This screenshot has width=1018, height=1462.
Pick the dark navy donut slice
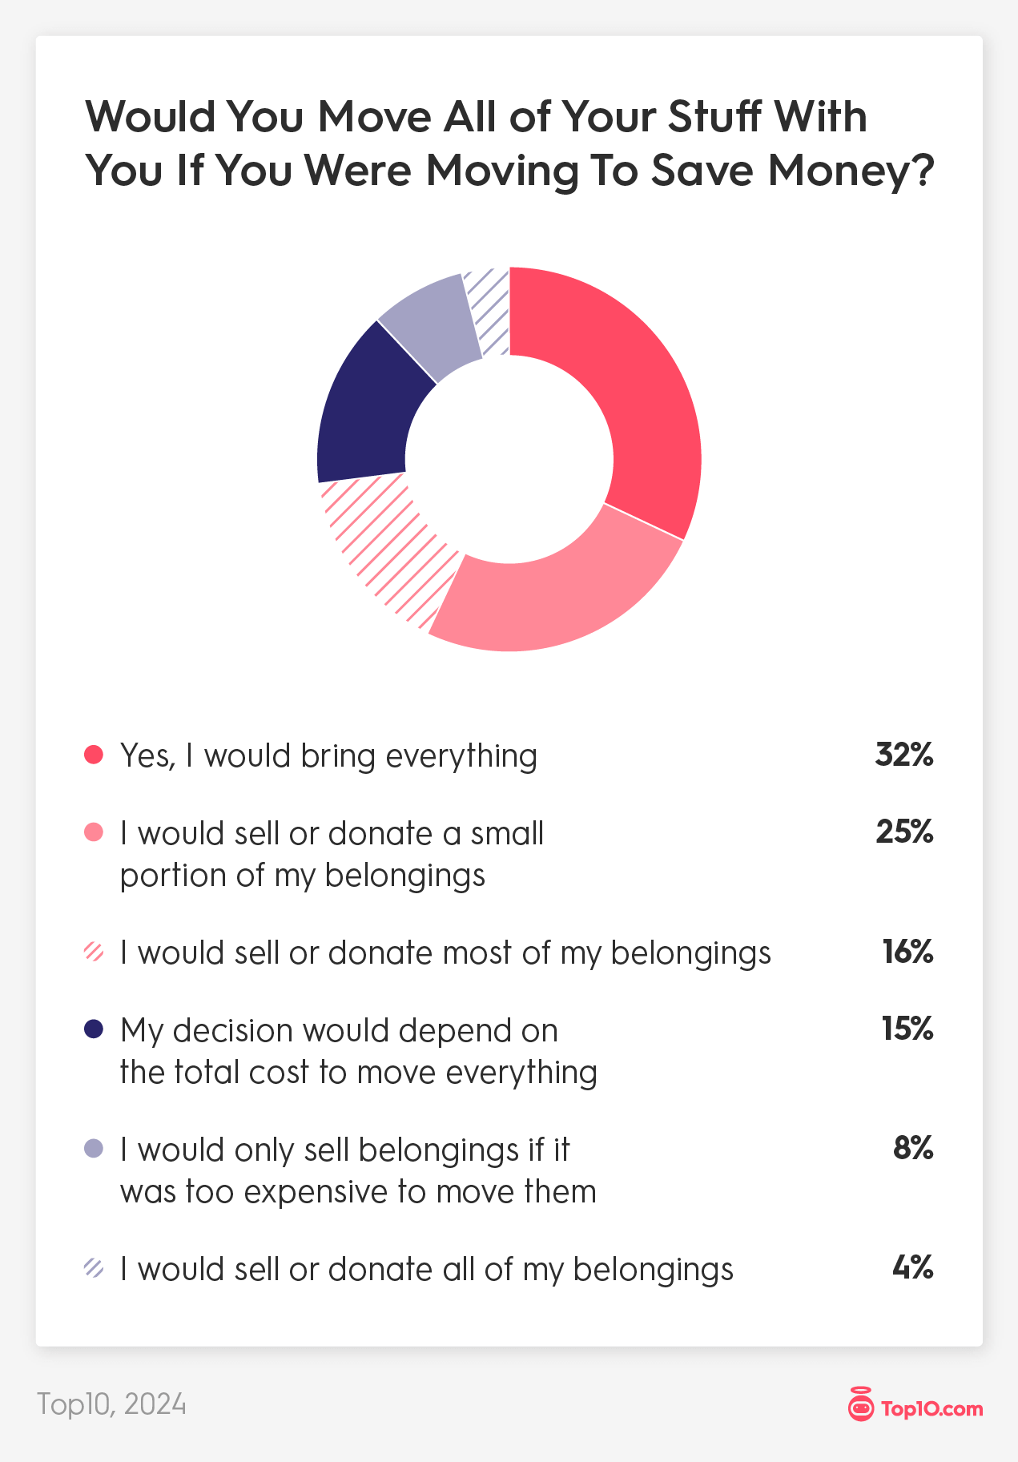(364, 409)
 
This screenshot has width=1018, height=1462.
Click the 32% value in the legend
(903, 755)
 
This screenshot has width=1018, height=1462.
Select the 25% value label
(903, 832)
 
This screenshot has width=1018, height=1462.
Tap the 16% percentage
(907, 952)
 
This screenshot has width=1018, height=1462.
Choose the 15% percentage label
(907, 1029)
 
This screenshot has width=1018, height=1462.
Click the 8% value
(913, 1149)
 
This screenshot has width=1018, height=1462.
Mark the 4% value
(912, 1268)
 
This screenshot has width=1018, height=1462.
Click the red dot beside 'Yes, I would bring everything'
(94, 755)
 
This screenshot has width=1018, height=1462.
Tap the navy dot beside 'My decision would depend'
(94, 1029)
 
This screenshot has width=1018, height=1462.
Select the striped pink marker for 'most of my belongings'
(94, 953)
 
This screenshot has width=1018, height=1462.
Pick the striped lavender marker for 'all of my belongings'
(94, 1269)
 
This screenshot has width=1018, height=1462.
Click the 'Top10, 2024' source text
(111, 1404)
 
